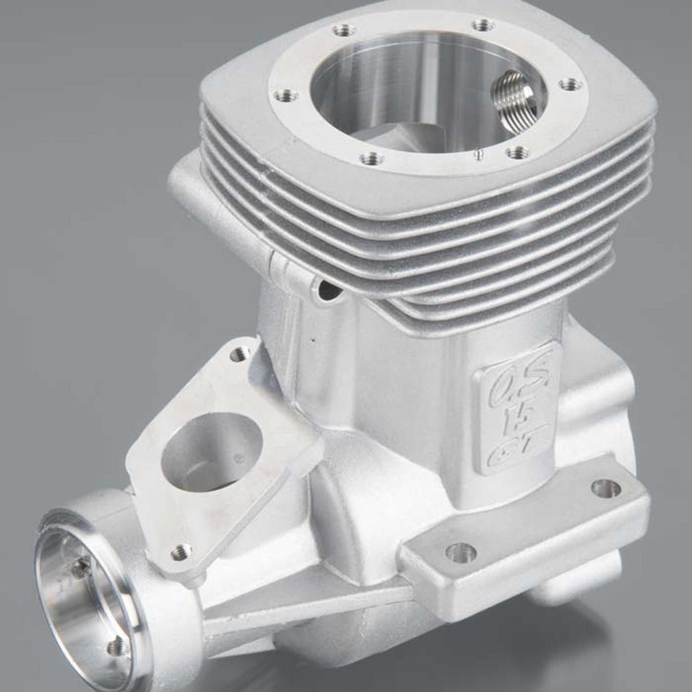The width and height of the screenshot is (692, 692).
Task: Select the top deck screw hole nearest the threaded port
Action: pos(569,85)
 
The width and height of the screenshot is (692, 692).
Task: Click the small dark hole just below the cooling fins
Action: pos(327,288)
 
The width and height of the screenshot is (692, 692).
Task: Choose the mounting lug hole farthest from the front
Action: pos(600,488)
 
